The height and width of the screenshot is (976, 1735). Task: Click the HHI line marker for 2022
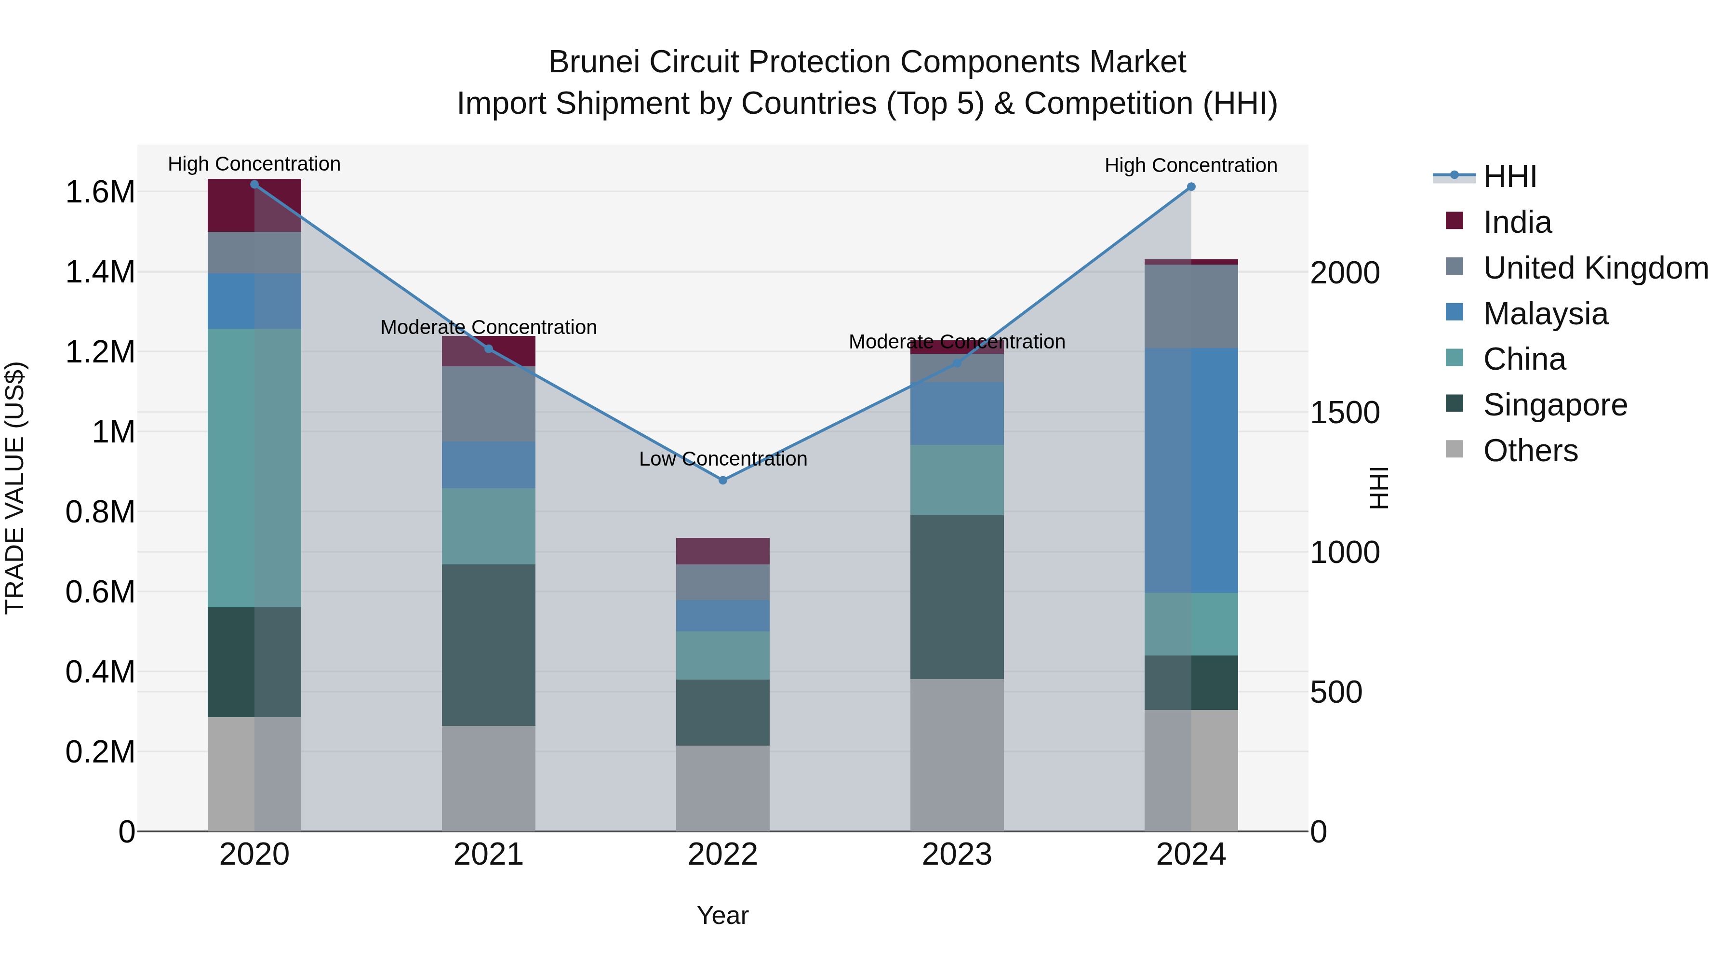[x=723, y=480]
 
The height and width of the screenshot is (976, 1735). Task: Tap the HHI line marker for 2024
[x=1191, y=187]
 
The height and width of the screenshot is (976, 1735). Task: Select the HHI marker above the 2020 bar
[x=254, y=184]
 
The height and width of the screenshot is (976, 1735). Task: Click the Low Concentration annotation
[x=723, y=459]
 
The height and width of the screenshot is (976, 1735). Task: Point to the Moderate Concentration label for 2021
[x=488, y=327]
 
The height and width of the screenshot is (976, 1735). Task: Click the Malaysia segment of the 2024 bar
[x=1191, y=470]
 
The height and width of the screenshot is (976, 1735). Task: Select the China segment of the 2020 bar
[x=254, y=468]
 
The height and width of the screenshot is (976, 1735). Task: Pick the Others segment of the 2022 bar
[x=723, y=788]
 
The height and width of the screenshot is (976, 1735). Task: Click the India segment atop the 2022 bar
[x=723, y=551]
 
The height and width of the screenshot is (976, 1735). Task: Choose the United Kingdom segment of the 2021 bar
[x=488, y=404]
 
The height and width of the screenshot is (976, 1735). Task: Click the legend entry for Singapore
[x=1554, y=405]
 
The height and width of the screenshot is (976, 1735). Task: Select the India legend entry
[x=1517, y=222]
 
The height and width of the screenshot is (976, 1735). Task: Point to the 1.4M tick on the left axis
[x=100, y=272]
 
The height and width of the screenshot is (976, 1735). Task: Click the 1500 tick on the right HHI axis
[x=1344, y=413]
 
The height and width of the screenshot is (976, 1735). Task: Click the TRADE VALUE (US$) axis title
[x=15, y=488]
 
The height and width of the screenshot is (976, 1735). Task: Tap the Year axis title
[x=723, y=915]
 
